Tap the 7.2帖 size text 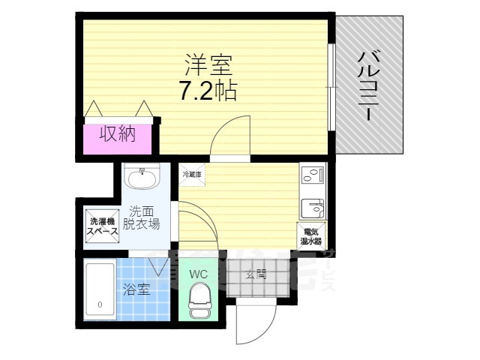207,91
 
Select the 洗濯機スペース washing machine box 100,225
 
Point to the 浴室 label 136,288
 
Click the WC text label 198,274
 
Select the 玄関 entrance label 256,274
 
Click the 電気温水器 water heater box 311,235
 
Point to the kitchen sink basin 311,207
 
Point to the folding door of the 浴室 159,263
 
